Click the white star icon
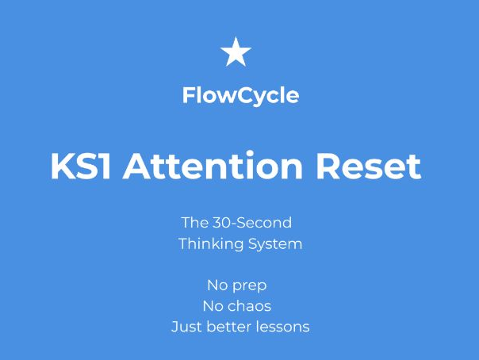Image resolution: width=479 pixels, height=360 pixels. tap(236, 52)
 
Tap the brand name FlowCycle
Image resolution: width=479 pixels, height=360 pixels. tap(240, 96)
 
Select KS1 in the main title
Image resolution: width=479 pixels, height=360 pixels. tap(81, 167)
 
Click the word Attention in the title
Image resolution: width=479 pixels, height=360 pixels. tap(213, 167)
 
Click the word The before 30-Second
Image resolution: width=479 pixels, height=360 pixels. tap(195, 222)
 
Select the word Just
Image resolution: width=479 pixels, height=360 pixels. tap(185, 326)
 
